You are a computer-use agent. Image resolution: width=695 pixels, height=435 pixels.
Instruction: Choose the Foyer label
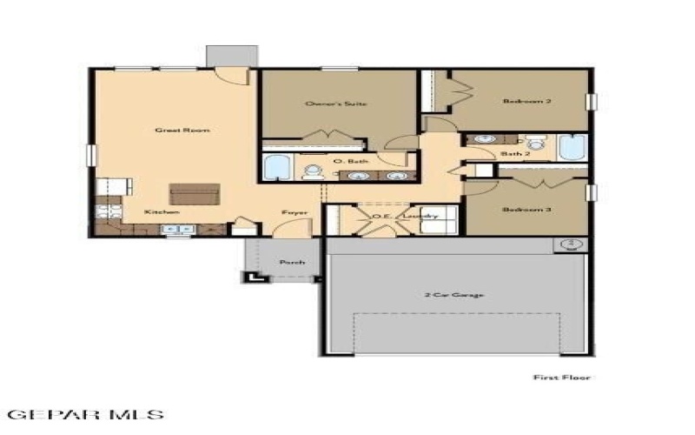point(290,212)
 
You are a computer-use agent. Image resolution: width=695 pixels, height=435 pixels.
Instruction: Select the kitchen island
point(189,192)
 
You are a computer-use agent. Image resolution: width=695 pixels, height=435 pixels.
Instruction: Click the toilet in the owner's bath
point(312,171)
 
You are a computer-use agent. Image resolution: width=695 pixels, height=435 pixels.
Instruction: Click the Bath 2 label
point(516,154)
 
